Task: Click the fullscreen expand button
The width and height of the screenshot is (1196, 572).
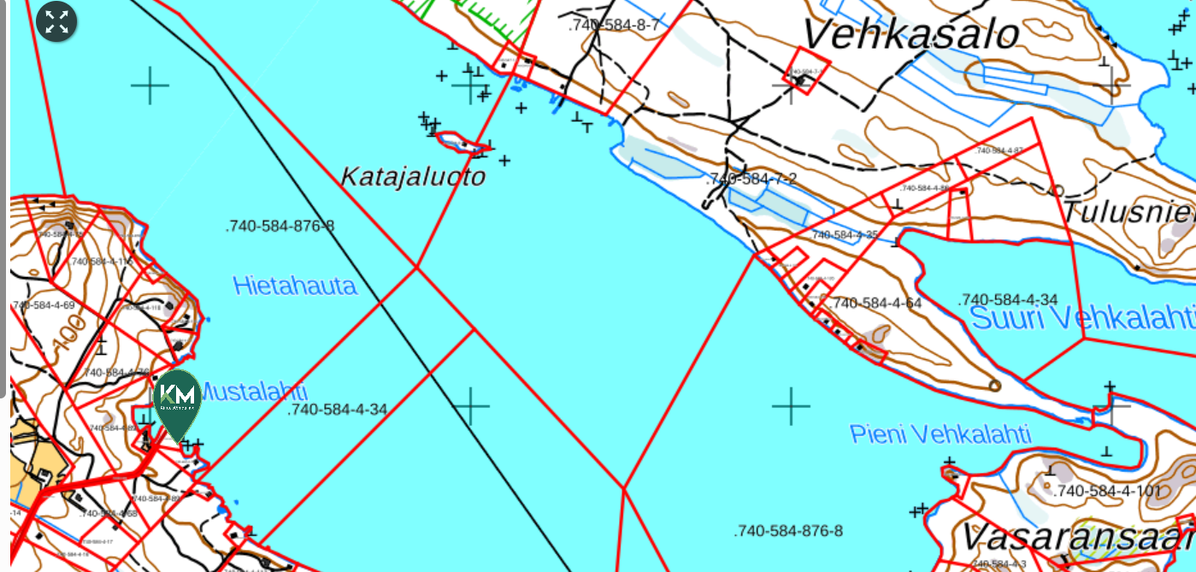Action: click(57, 22)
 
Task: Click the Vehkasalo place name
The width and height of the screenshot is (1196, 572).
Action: click(911, 35)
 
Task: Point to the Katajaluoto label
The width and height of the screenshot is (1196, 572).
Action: click(413, 177)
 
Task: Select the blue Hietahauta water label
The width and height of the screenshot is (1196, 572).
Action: click(295, 286)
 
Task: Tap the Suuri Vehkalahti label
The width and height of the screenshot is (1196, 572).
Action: click(1082, 319)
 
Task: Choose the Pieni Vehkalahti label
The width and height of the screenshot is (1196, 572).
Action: click(940, 433)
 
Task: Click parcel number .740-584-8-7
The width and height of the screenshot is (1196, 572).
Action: click(614, 25)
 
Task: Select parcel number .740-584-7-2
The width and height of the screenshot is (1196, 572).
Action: click(751, 179)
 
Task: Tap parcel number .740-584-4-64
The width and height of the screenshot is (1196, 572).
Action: click(876, 303)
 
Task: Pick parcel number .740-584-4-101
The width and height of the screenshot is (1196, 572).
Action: click(1107, 492)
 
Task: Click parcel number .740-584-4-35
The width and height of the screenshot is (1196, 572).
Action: click(845, 234)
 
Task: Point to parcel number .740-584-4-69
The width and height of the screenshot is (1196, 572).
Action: click(44, 305)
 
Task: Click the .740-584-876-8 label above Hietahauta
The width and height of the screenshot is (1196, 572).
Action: click(280, 226)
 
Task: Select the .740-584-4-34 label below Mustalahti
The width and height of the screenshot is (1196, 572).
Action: click(338, 410)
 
